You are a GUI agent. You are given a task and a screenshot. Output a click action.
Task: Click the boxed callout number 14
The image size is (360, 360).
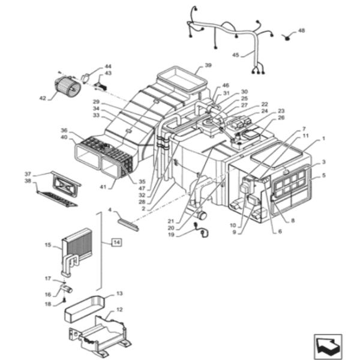click(x=116, y=242)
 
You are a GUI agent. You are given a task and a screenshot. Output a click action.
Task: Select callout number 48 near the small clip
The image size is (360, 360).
click(x=301, y=31)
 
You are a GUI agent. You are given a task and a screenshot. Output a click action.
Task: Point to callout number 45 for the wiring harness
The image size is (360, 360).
click(x=236, y=55)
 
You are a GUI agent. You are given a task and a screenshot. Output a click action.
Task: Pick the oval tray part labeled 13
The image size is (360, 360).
click(x=85, y=309)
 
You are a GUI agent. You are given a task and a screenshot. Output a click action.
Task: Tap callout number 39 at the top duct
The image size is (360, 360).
click(x=208, y=65)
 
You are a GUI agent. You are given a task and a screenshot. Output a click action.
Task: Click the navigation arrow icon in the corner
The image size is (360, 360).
click(x=328, y=346)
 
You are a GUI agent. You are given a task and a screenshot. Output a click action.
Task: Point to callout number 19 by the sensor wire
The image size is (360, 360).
click(x=171, y=235)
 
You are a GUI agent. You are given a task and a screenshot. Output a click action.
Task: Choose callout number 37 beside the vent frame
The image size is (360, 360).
click(x=28, y=174)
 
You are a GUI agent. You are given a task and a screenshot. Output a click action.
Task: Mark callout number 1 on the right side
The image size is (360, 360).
click(x=323, y=139)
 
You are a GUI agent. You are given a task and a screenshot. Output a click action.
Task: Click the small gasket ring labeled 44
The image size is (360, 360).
click(x=86, y=78)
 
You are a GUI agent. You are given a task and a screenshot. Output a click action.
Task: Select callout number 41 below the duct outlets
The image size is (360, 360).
click(x=103, y=187)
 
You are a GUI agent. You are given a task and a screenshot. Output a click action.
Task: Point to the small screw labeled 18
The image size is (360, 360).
click(x=65, y=299)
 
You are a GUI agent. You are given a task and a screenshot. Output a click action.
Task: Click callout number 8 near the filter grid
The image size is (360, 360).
click(x=293, y=221)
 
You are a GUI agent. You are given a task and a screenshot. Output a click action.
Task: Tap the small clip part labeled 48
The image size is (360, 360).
click(x=287, y=37)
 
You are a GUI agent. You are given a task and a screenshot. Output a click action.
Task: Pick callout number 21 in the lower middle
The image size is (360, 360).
click(x=171, y=221)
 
